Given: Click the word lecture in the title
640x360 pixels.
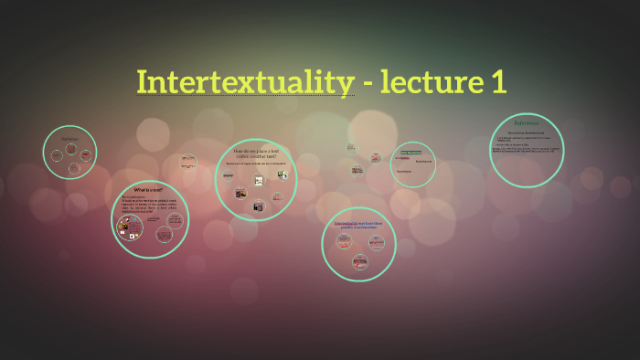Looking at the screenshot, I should pos(423,82).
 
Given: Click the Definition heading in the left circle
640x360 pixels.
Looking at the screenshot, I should pos(69,138).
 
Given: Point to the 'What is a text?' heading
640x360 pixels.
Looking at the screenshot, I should pos(147,190).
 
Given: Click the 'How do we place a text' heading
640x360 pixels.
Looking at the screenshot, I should pos(257,153).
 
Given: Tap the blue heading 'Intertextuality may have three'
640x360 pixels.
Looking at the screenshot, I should pos(358,223).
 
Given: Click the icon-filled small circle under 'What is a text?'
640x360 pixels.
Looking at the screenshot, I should pos(129,228).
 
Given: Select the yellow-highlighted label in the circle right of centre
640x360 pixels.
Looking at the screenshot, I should pos(410,152).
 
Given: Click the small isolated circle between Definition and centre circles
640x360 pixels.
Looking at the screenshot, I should pos(187,162).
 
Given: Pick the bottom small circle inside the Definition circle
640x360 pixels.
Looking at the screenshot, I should pos(70,169).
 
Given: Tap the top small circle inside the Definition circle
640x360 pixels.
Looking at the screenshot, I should pos(70,147).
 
